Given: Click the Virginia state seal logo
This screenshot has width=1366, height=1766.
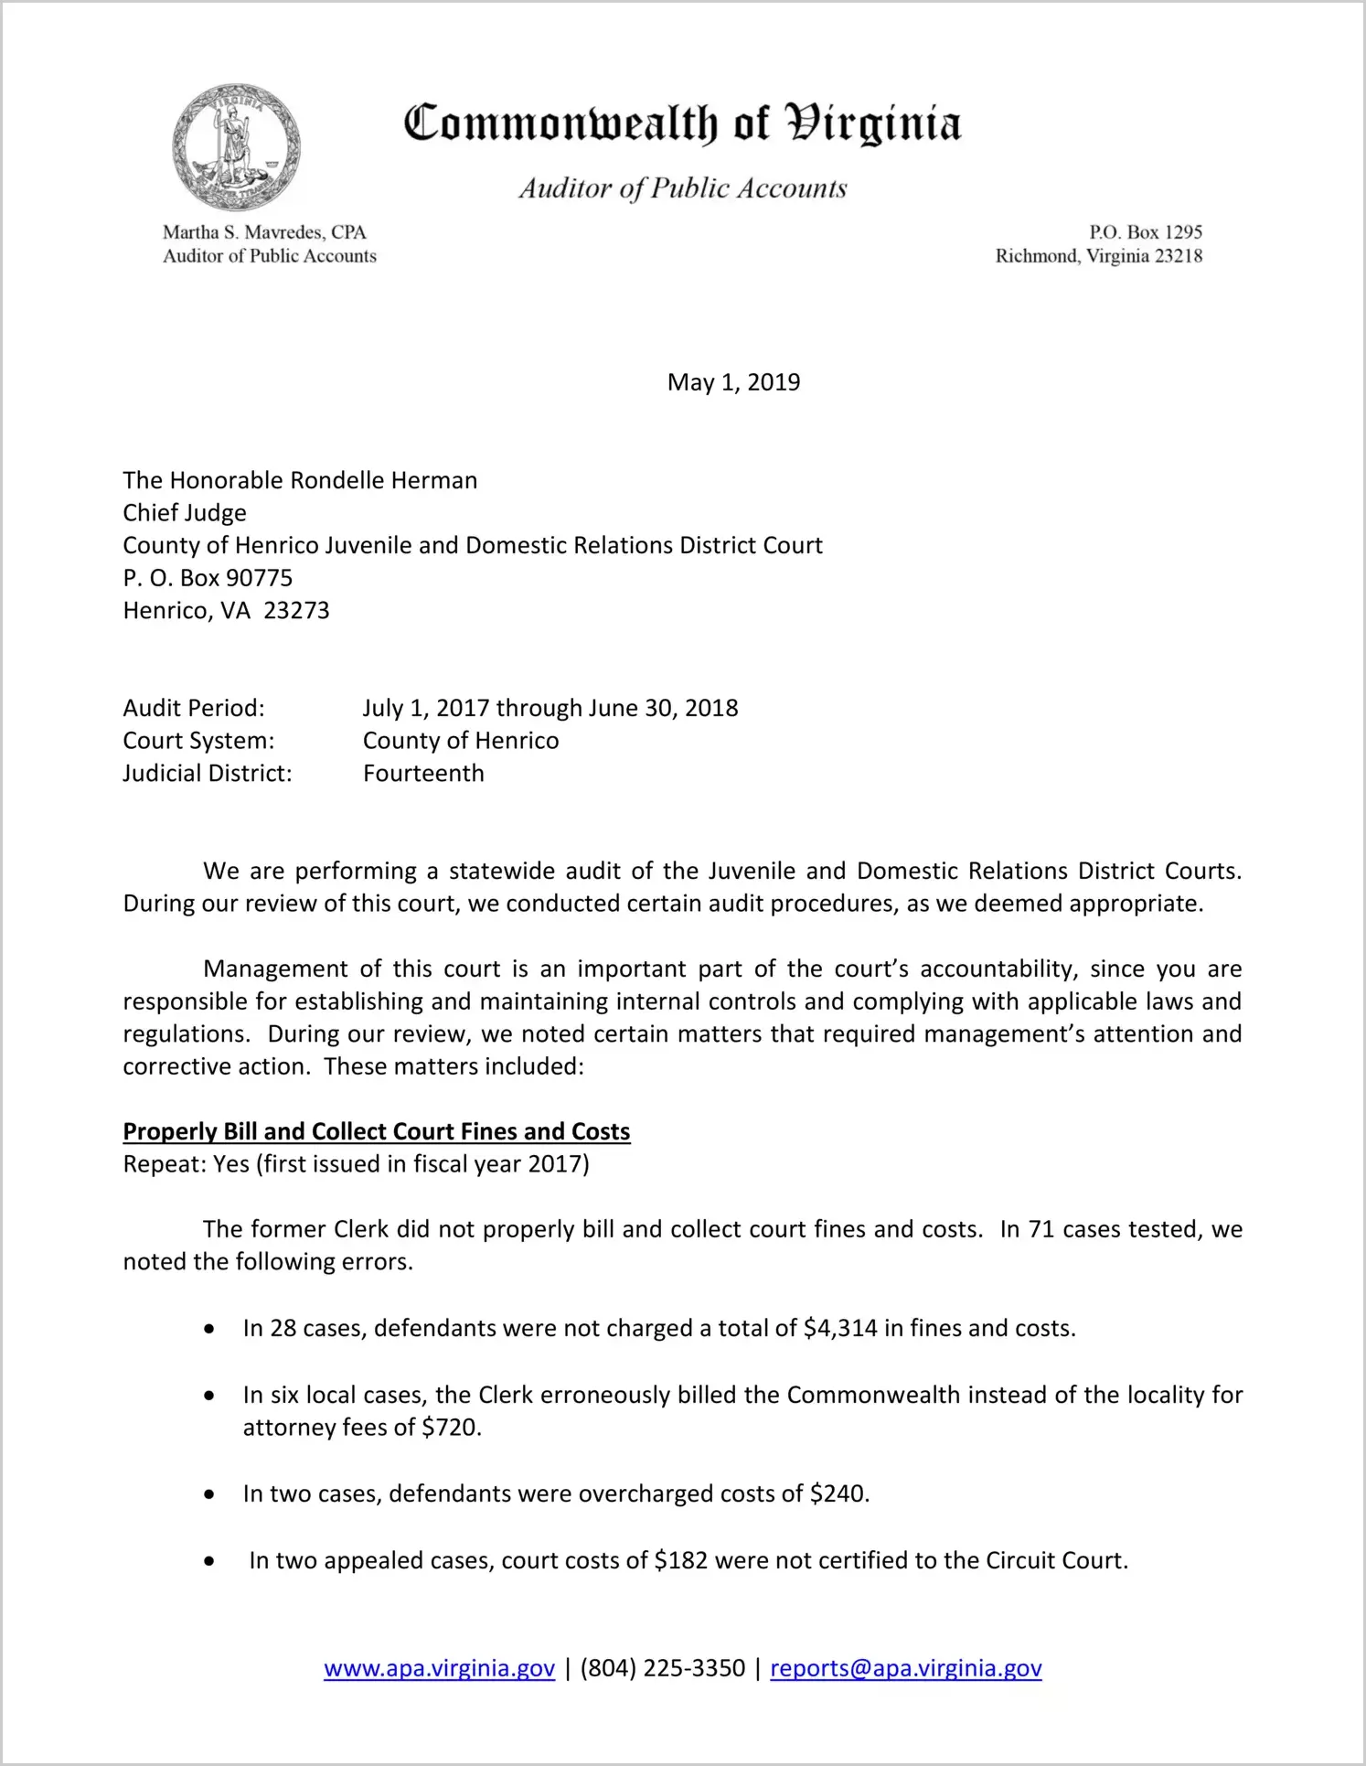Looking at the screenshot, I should [x=237, y=147].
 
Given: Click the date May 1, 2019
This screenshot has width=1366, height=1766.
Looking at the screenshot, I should [x=733, y=382].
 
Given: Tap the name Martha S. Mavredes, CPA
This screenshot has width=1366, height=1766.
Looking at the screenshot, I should [x=264, y=232].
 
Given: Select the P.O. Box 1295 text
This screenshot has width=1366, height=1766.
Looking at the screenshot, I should [x=1145, y=232].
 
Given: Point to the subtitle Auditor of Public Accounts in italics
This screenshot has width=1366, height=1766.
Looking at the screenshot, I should [x=683, y=188].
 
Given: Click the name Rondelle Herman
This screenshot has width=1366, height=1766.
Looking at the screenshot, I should [x=384, y=481].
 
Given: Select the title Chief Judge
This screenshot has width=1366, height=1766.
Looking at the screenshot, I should [x=185, y=513].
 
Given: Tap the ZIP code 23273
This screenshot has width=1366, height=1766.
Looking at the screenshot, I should [x=296, y=611].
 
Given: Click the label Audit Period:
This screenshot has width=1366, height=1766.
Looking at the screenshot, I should [x=194, y=709].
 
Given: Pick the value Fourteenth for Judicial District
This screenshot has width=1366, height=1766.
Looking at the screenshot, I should [x=423, y=774].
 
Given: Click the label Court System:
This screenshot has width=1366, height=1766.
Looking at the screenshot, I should [x=198, y=741].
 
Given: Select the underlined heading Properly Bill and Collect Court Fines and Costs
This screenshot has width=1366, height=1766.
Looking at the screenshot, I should [x=377, y=1132].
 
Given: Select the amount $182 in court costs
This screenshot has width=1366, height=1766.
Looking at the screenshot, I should [x=681, y=1561].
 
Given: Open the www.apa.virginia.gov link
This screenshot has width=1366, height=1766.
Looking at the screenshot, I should [x=439, y=1669].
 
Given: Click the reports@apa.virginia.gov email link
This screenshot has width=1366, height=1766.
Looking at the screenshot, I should [x=905, y=1669].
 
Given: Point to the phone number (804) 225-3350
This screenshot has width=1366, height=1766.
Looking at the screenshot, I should [x=662, y=1669].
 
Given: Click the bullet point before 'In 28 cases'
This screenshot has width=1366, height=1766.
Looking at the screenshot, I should [x=210, y=1329].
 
